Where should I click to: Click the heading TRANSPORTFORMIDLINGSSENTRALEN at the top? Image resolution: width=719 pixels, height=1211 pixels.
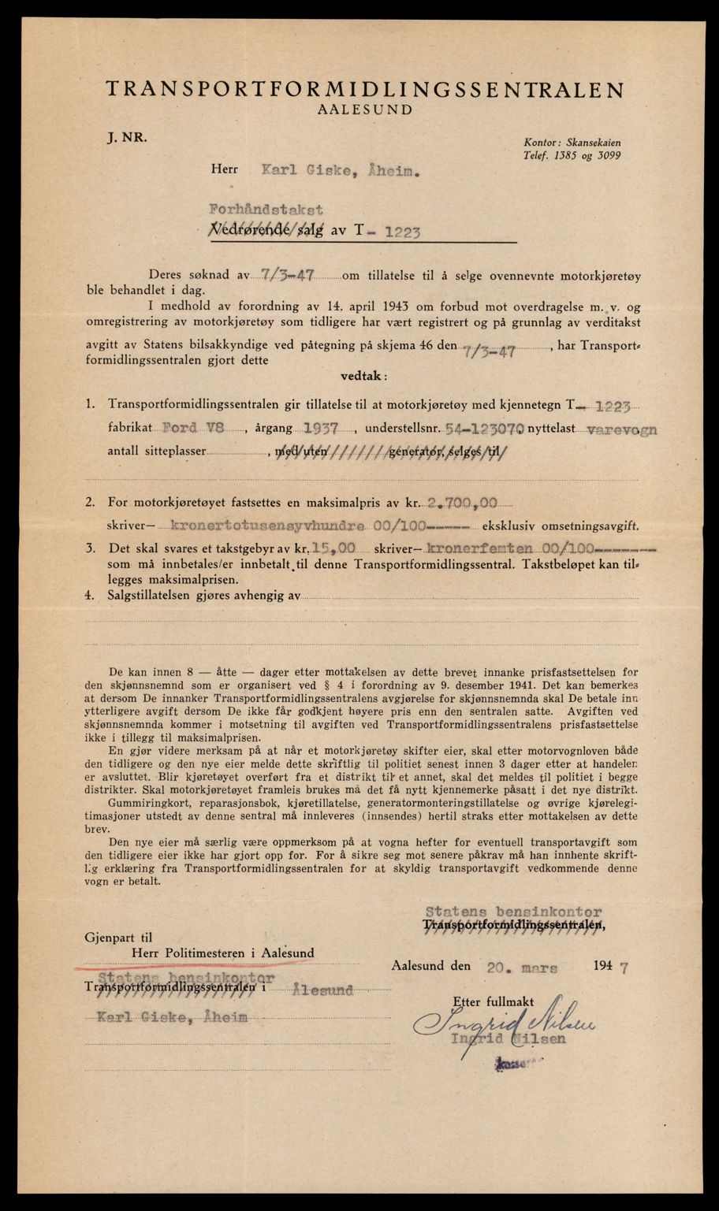click(364, 89)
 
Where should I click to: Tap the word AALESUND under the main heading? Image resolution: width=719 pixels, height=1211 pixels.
click(364, 110)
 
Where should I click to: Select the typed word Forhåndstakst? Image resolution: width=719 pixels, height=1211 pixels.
click(265, 210)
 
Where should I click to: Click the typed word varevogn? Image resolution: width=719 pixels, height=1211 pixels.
click(624, 429)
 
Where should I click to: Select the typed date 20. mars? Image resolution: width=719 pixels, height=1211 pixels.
click(526, 965)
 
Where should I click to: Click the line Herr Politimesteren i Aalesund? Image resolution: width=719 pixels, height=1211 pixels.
click(223, 953)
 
